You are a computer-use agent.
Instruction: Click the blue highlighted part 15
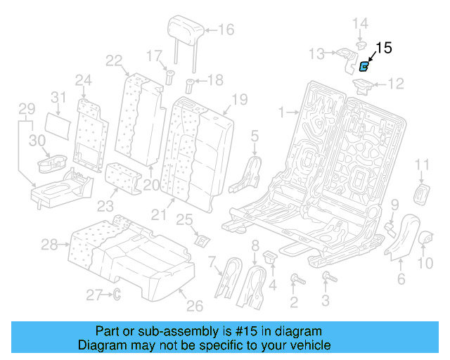[364, 67]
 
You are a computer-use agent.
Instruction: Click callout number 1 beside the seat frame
[281, 112]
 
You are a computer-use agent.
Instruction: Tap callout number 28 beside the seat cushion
[48, 245]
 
